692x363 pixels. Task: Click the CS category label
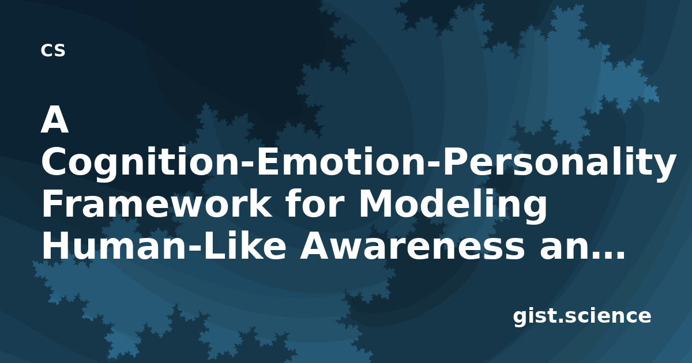53,50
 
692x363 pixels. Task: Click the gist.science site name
582,316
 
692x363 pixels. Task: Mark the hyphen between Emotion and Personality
432,167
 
